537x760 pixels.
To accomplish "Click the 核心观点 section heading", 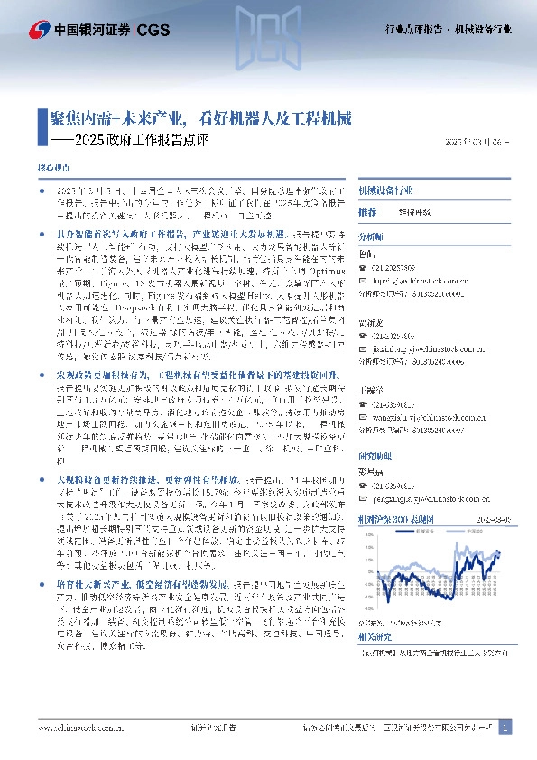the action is click(52, 169).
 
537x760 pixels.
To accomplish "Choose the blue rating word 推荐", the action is click(366, 211).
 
